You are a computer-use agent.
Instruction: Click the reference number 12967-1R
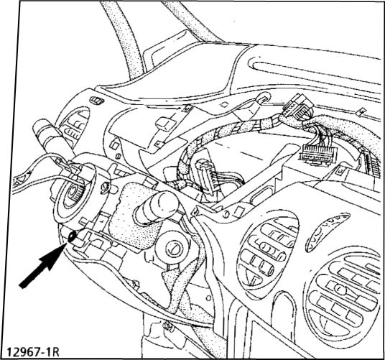(x=33, y=351)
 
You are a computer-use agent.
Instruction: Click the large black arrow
(x=42, y=265)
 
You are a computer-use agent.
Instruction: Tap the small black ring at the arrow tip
(x=72, y=236)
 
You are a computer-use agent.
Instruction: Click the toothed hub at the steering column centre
(x=75, y=192)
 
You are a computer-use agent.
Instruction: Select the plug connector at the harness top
(x=297, y=108)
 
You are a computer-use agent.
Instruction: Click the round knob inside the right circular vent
(x=340, y=290)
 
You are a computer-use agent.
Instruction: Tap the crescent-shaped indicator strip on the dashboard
(x=326, y=226)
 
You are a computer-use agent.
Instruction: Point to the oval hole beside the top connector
(x=263, y=98)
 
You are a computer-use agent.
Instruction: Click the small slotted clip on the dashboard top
(x=97, y=100)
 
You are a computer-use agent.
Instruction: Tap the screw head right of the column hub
(x=106, y=186)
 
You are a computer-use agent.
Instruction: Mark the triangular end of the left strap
(x=19, y=182)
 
